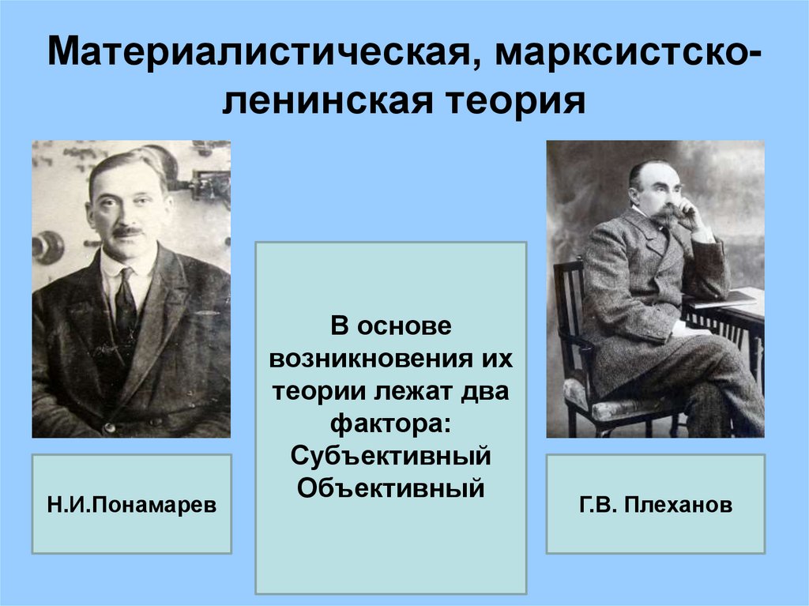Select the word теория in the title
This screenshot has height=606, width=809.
click(517, 103)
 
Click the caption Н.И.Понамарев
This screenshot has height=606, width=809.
click(131, 504)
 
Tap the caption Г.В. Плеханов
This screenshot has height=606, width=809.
click(655, 504)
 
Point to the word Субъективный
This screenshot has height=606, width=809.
click(390, 457)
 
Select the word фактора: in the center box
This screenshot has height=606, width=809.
click(390, 425)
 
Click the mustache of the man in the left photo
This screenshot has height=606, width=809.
click(127, 231)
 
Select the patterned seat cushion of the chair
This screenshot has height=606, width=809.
click(624, 407)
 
